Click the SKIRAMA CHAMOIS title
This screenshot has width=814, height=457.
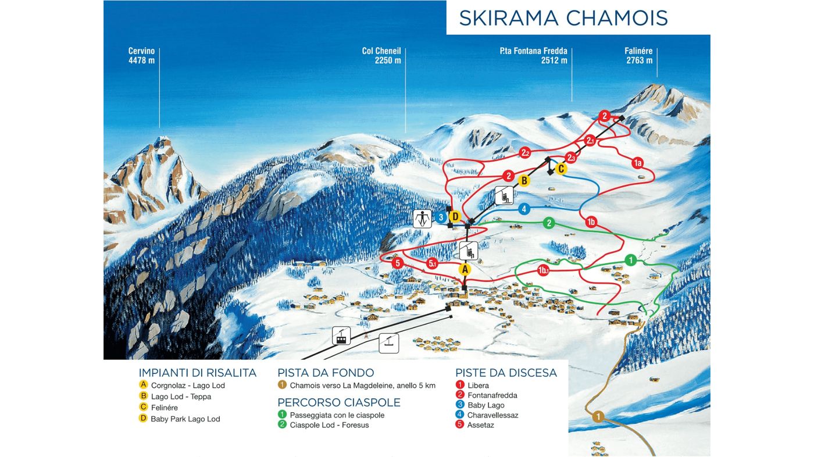[563, 18]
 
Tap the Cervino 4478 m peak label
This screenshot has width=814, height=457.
[141, 56]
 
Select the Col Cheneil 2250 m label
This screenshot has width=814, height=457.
[381, 56]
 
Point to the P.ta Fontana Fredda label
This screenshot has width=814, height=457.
[533, 56]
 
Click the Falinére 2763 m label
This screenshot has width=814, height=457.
[638, 56]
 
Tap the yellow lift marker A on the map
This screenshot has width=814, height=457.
[464, 269]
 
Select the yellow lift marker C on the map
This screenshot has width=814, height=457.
[560, 169]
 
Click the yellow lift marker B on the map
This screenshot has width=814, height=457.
[524, 181]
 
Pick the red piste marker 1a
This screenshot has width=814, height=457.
[637, 163]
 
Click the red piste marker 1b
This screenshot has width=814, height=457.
[591, 222]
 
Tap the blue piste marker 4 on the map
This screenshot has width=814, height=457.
[524, 209]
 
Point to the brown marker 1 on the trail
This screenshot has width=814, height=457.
[597, 416]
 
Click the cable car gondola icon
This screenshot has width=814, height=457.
[341, 335]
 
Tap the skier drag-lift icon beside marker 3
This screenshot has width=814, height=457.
[422, 219]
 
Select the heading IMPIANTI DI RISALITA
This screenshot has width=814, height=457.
[197, 373]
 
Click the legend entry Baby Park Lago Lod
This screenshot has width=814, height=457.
[185, 419]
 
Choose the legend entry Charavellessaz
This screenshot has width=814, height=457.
[492, 415]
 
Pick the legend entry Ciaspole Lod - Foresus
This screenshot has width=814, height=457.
[329, 425]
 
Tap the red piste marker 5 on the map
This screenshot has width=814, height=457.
[397, 263]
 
